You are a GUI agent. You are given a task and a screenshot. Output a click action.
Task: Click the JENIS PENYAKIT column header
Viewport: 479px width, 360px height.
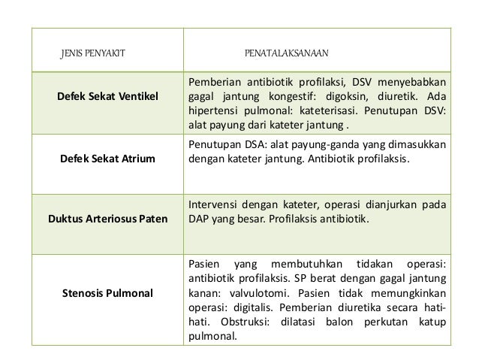92,54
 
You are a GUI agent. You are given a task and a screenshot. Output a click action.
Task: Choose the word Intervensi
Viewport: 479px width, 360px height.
215,202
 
